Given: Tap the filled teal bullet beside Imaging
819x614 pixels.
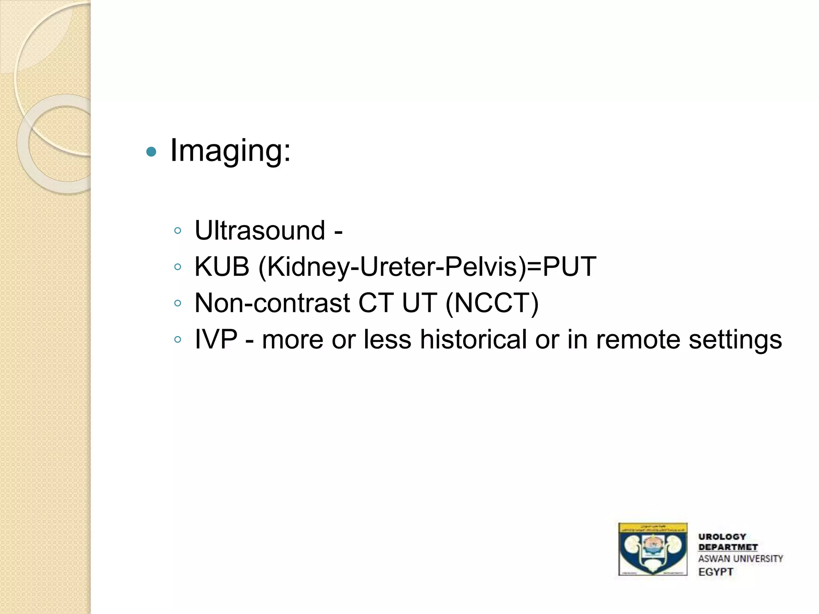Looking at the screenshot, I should pos(151,152).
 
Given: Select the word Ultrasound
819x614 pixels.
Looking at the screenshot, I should pos(260,231).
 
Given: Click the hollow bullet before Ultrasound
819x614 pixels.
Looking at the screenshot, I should pos(178,231).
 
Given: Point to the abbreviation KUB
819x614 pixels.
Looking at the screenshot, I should pos(222,267).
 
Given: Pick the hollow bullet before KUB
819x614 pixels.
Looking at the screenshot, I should pos(178,267).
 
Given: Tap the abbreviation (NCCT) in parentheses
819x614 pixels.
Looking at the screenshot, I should pos(492,303).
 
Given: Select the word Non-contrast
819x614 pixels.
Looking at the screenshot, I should pos(272,303).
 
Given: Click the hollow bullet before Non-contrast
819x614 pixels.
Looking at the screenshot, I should pos(178,303).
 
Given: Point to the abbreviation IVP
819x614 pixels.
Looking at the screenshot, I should pos(216,339).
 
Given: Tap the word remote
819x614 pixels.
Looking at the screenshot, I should pos(638,339).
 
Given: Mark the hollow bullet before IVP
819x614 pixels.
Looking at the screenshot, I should pos(178,340).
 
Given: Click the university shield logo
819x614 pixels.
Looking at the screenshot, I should pos(653,549).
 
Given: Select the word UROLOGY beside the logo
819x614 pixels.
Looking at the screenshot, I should pos(722,537).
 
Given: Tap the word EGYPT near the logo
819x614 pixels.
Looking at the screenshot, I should pos(716,572).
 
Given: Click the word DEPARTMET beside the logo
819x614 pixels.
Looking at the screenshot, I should pos(728,547).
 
